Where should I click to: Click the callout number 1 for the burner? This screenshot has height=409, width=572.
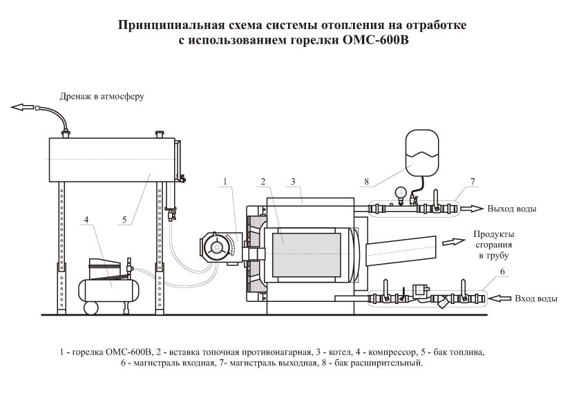point(225,182)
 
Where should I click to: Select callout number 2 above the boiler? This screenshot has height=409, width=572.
point(263,182)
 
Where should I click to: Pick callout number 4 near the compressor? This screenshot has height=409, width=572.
point(86,220)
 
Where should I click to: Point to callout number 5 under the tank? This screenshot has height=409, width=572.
point(124,220)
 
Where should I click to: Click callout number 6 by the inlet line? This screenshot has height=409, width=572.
point(502,272)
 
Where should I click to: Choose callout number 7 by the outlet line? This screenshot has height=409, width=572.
point(473,181)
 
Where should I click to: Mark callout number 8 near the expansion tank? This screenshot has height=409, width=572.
point(367,182)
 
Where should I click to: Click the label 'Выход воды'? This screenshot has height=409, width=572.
point(512,209)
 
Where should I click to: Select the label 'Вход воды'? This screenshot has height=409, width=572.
point(536,298)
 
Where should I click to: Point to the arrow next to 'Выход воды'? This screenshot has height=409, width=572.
point(473,208)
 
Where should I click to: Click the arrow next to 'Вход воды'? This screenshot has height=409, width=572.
point(499,298)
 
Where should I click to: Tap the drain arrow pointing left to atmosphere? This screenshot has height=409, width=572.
point(23,106)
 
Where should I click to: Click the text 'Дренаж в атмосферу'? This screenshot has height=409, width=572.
point(102,96)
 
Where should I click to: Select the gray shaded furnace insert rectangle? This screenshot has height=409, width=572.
point(306,254)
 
